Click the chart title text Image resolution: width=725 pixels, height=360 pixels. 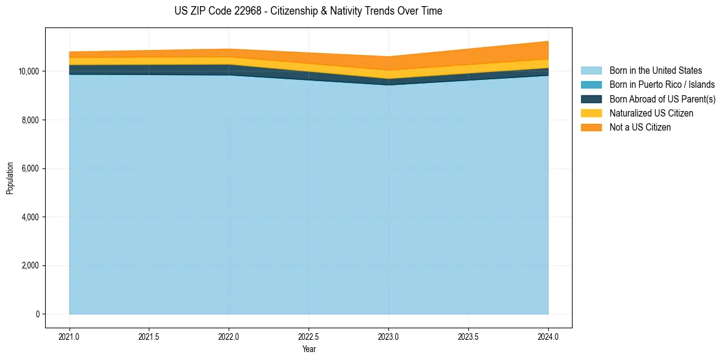tap(308, 11)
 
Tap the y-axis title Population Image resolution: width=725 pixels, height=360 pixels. tap(10, 178)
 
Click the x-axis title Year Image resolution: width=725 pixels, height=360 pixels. tap(309, 349)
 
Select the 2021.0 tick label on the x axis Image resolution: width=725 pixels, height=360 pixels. tap(70, 337)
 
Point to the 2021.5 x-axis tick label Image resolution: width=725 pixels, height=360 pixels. tap(149, 337)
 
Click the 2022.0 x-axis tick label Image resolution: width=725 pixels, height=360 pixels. tap(229, 337)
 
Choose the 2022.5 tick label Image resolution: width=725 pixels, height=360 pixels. tap(309, 337)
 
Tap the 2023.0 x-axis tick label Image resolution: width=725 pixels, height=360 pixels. tap(388, 337)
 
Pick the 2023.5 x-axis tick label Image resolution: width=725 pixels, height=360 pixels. tap(468, 337)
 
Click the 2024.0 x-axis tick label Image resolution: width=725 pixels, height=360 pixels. tap(548, 337)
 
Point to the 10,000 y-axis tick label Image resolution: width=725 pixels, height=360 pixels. tap(28, 71)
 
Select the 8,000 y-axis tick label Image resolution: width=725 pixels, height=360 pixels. tap(30, 120)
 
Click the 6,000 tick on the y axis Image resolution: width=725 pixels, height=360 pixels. tap(30, 168)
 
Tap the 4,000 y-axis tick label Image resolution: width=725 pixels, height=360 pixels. tap(30, 217)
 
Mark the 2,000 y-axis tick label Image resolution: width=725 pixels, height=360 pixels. tap(30, 265)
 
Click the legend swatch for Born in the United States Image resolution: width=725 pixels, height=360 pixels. tap(591, 71)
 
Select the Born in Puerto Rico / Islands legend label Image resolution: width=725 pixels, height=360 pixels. tap(662, 85)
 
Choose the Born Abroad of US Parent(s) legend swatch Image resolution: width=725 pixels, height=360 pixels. tap(591, 99)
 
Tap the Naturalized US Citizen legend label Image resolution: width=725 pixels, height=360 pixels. tap(651, 113)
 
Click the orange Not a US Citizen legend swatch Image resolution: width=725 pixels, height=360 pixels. tap(591, 128)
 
